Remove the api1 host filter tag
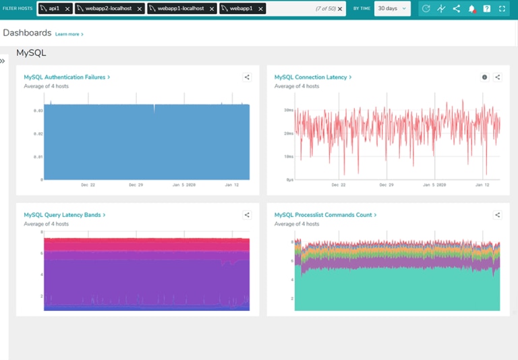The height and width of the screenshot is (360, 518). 67,9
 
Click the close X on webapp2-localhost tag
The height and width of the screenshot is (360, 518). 140,9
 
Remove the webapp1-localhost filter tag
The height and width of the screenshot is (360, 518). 212,9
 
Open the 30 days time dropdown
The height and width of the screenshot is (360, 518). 393,9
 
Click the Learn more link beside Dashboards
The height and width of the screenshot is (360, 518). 69,34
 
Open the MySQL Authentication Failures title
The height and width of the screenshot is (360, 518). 66,78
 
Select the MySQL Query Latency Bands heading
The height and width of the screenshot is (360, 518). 64,215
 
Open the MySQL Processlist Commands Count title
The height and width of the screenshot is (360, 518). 324,215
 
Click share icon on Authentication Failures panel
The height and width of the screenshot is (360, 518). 247,78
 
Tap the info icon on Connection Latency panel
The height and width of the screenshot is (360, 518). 484,78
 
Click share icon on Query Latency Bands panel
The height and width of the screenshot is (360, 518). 247,215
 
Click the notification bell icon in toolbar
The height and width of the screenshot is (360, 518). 471,9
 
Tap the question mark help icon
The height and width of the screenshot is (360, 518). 487,9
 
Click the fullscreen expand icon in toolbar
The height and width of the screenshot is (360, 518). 502,9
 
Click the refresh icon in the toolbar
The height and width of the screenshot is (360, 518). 426,9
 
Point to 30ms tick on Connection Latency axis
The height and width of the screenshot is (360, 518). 288,110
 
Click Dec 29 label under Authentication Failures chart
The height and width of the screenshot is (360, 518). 137,184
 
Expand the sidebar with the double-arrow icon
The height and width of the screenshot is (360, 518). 3,61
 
